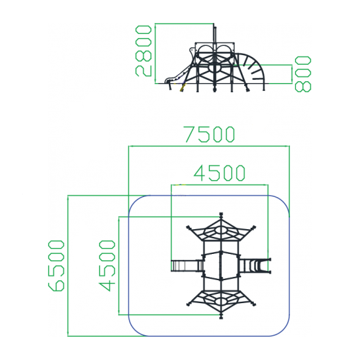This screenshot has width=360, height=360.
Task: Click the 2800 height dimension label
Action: (x=143, y=51)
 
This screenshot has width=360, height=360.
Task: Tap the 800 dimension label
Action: (x=303, y=74)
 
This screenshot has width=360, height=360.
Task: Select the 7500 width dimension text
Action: (x=209, y=134)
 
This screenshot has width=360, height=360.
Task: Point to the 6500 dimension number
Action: (x=56, y=266)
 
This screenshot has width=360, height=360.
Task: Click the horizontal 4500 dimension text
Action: (x=220, y=173)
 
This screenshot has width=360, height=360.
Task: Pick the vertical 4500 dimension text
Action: (x=107, y=266)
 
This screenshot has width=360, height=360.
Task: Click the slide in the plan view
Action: (x=187, y=266)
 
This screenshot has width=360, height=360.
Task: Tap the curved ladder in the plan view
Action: (x=255, y=266)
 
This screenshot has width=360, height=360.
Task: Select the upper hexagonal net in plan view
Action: (x=221, y=230)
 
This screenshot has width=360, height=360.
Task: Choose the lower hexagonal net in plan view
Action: (x=221, y=301)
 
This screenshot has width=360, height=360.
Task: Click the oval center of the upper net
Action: (x=221, y=230)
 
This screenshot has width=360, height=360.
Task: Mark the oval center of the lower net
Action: (x=221, y=301)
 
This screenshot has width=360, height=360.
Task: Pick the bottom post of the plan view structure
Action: (x=221, y=316)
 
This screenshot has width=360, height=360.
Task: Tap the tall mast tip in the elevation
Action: (x=215, y=27)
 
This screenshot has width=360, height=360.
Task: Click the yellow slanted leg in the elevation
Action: (x=183, y=88)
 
